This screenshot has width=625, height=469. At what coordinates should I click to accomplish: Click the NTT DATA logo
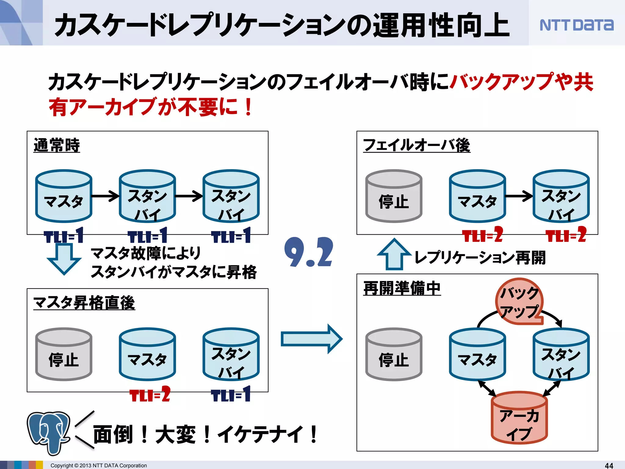(x=576, y=25)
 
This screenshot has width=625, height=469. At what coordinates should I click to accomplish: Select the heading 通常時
(x=57, y=145)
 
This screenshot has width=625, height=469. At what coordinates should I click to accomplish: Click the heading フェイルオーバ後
(x=416, y=145)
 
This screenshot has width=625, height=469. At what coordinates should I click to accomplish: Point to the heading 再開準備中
(x=402, y=288)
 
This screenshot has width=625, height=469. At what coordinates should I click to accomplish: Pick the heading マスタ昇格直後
(x=84, y=303)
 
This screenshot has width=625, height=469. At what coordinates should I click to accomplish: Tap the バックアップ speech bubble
(x=519, y=301)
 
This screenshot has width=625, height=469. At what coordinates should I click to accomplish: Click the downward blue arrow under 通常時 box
(x=64, y=259)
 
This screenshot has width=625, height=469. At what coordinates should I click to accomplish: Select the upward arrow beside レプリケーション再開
(x=394, y=255)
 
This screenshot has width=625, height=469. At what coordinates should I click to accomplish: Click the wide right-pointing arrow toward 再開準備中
(x=311, y=339)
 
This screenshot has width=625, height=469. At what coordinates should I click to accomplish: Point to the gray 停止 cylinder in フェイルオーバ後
(x=394, y=196)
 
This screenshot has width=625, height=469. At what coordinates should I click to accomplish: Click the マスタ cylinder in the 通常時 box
(x=63, y=196)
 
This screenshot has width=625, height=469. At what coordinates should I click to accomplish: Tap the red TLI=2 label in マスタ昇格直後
(x=150, y=394)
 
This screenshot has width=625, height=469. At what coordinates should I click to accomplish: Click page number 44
(x=609, y=465)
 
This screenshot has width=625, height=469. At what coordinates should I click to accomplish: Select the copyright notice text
(x=99, y=465)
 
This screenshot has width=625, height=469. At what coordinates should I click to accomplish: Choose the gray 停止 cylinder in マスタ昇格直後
(x=63, y=354)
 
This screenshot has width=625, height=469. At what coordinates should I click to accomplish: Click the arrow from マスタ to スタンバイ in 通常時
(x=105, y=196)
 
